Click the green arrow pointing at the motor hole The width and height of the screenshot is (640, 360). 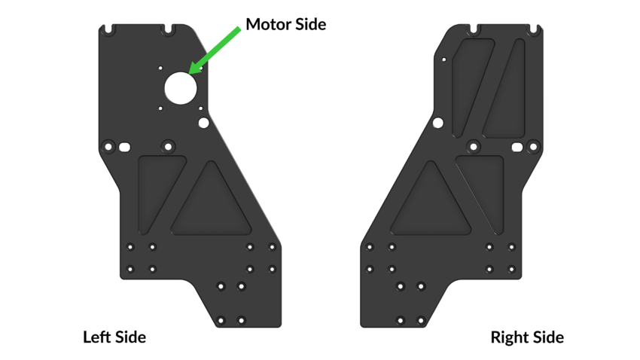[x=215, y=50]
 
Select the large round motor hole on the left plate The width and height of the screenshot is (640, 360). [x=181, y=88]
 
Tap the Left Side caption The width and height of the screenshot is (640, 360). [x=114, y=337]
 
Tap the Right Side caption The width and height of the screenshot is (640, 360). [x=527, y=337]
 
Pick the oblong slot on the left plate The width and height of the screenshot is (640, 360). [x=124, y=147]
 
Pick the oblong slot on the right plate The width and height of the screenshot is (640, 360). [x=517, y=147]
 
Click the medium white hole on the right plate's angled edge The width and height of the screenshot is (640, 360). [x=438, y=123]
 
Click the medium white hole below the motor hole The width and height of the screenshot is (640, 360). [x=204, y=123]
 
